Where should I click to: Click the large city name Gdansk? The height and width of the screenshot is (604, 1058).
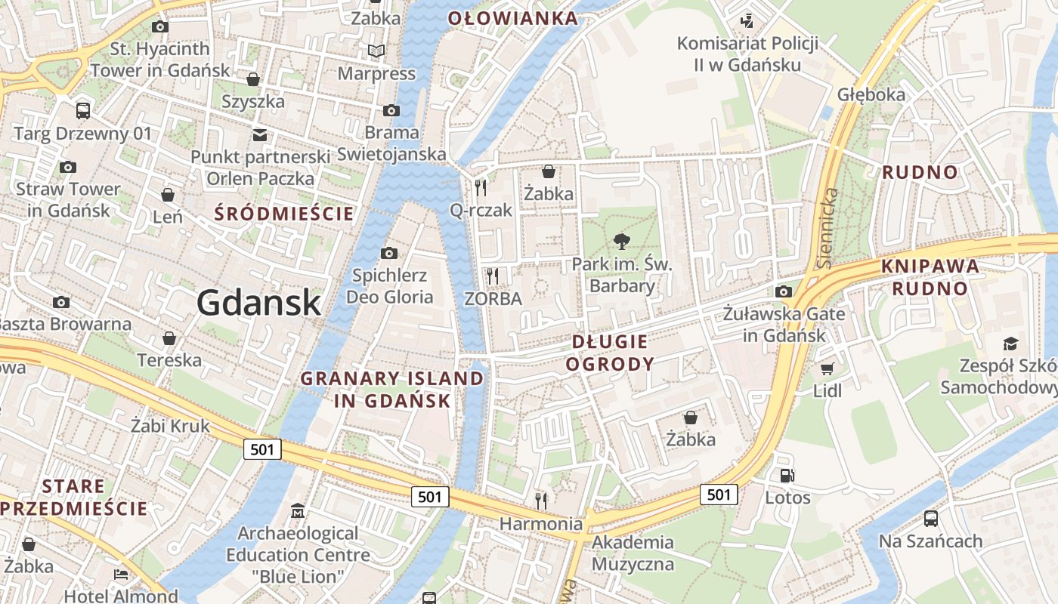259,303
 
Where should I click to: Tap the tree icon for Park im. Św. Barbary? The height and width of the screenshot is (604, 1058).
621,242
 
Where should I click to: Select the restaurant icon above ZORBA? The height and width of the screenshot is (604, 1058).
493,276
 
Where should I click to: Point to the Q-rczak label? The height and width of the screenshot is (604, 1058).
481,210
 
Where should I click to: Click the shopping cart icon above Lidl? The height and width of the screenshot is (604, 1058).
828,368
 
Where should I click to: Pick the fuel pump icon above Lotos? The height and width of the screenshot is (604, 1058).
787,476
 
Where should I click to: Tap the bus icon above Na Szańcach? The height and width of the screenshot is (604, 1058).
931,519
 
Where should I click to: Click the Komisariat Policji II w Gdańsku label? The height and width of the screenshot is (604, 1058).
747,54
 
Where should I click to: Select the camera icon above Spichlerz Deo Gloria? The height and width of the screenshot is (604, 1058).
389,253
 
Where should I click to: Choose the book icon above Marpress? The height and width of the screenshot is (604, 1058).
376,51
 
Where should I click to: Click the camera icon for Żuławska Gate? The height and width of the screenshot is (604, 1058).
784,291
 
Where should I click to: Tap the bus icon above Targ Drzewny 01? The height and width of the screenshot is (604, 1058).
83,111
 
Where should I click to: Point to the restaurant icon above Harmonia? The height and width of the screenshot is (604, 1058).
541,500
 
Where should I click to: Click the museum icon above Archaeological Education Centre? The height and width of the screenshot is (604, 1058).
298,511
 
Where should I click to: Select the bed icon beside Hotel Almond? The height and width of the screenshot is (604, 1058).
121,575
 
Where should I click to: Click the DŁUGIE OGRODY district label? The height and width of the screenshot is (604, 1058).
610,353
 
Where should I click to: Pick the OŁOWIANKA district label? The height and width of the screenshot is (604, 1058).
513,18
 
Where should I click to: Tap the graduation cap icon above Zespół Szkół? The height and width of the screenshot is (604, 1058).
1010,344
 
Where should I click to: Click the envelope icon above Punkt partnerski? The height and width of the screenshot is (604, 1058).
260,135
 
